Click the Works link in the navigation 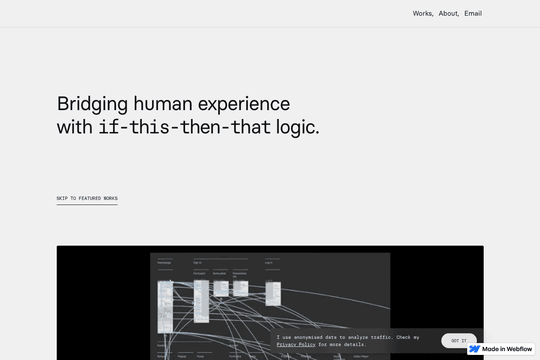point(422,14)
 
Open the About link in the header point(448,14)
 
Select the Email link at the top point(473,14)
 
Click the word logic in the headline point(298,129)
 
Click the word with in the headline point(75,129)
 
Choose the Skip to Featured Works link point(87,198)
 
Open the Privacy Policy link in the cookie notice point(296,344)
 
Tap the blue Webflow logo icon point(475,349)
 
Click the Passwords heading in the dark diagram point(165,262)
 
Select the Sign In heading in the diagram point(197,262)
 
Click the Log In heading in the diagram point(269,262)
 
